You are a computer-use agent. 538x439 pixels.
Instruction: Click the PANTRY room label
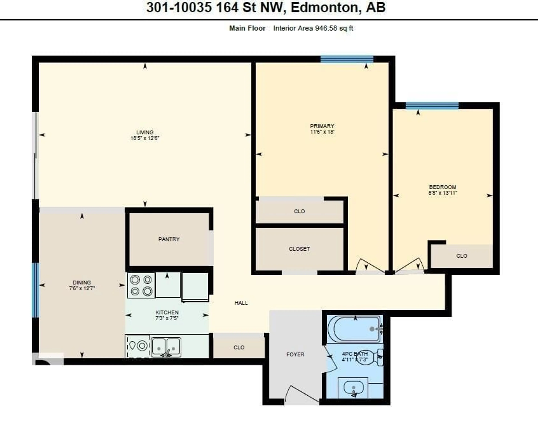tap(169, 239)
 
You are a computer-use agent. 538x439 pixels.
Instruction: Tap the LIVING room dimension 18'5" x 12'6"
tap(145, 138)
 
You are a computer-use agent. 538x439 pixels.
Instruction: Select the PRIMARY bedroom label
tap(322, 126)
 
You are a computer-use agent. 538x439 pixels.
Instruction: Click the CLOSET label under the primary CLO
tap(299, 249)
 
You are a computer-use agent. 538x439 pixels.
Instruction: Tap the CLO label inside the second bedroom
tap(461, 256)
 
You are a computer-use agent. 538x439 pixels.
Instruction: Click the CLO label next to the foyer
tap(239, 347)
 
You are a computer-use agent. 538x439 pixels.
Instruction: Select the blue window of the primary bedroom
tap(347, 59)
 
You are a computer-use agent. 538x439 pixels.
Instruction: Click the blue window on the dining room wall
tap(35, 290)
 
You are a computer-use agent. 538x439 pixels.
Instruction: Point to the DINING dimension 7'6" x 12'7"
tap(82, 288)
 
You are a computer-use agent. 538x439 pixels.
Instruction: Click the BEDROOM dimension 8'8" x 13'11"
tap(442, 193)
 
